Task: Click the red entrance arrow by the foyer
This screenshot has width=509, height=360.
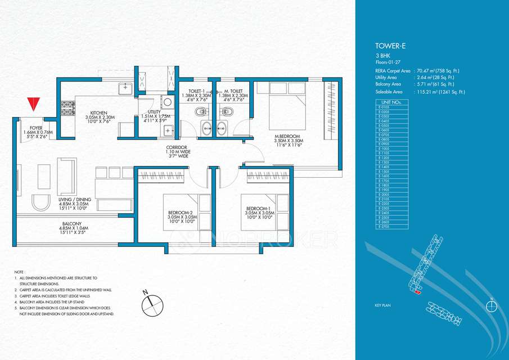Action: point(34,104)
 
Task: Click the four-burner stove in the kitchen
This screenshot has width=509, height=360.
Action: point(67,107)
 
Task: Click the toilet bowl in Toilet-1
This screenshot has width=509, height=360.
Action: point(201,112)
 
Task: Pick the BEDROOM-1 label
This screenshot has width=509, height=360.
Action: point(259,209)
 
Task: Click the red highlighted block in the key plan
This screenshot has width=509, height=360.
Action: point(416,292)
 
